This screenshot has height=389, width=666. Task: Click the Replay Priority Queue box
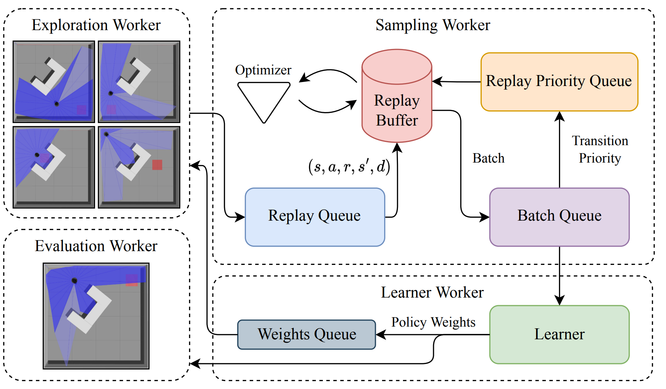[x=559, y=82]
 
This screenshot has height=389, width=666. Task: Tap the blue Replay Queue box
[x=314, y=217]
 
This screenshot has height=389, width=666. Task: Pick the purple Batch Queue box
[x=559, y=217]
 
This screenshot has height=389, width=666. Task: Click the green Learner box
[x=559, y=334]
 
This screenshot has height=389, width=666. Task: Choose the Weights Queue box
[x=307, y=334]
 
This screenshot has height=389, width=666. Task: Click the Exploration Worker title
[x=96, y=25]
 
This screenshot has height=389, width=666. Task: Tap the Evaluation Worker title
[x=96, y=246]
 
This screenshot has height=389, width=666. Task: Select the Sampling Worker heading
[x=433, y=25]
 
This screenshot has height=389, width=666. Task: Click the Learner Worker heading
[x=432, y=292]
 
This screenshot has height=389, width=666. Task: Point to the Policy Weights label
[x=433, y=322]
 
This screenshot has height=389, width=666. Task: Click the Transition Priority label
[x=600, y=150]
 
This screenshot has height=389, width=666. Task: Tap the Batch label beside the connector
[x=488, y=158]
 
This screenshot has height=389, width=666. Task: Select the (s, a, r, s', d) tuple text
[x=349, y=167]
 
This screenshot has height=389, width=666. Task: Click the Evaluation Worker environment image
[x=96, y=316]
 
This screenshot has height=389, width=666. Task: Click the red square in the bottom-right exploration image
[x=157, y=165]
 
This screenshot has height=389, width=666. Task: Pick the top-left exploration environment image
[x=54, y=82]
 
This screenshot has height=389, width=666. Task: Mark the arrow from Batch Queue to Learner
[x=559, y=276]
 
